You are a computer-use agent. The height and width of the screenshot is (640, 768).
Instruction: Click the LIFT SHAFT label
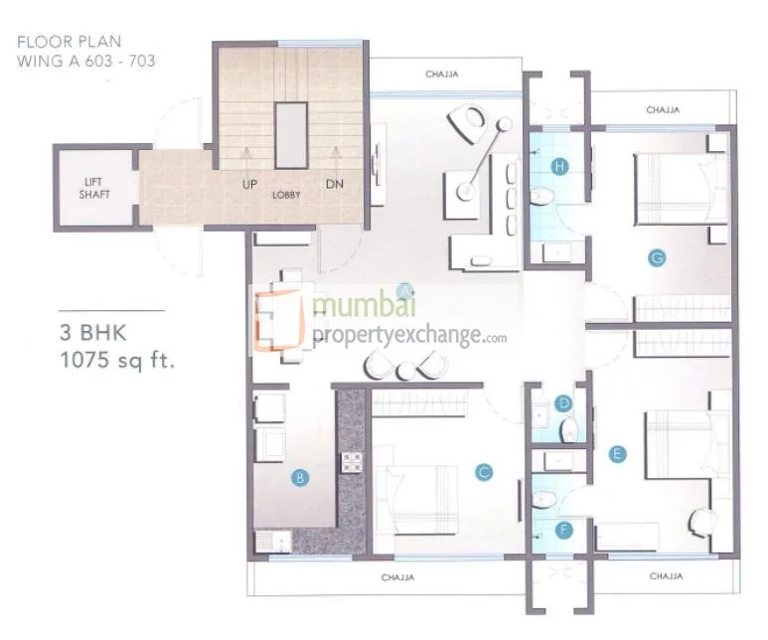point(96,188)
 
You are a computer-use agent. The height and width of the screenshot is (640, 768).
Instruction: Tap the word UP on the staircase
point(248,184)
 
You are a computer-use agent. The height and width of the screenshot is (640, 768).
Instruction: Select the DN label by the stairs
point(334,184)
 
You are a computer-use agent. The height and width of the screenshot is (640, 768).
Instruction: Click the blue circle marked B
point(298,478)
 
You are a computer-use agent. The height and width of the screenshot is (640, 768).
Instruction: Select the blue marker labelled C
point(484,472)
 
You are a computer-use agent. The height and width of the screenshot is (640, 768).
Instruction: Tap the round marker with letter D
point(563,403)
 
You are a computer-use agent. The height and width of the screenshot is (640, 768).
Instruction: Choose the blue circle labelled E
point(618,454)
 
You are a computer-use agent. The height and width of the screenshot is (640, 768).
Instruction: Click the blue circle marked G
point(656,257)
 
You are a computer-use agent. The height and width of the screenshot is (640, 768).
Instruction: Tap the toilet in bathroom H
point(542,198)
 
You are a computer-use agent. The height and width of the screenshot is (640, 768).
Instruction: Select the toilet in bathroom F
point(544,500)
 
